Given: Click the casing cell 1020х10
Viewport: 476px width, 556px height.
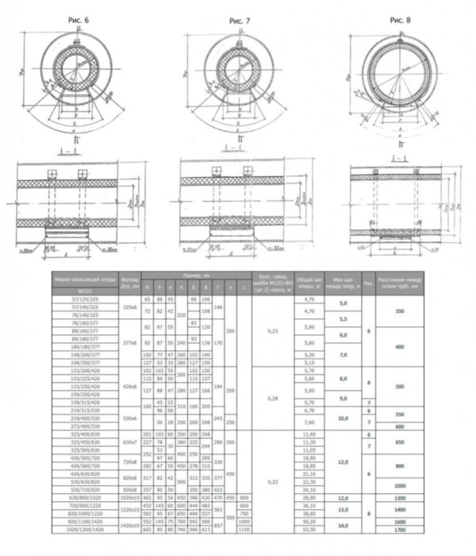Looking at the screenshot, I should (x=129, y=496).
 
